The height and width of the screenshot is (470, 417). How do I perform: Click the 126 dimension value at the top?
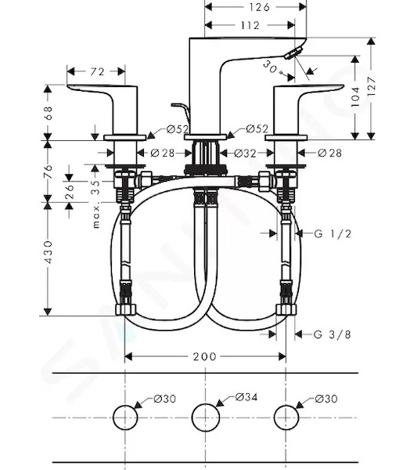[x=259, y=7]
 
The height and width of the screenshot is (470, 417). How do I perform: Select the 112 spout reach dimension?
[x=250, y=26]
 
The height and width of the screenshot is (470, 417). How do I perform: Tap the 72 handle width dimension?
[x=98, y=71]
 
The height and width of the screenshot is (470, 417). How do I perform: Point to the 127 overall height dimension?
[x=371, y=86]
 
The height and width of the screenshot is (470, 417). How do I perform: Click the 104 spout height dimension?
[x=355, y=96]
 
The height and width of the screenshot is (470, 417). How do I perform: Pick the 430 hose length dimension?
[x=48, y=251]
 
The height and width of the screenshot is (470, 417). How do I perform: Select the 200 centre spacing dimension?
[x=205, y=356]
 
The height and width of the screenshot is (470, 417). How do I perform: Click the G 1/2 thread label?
[x=333, y=233]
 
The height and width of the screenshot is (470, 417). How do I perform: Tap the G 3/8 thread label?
[x=332, y=334]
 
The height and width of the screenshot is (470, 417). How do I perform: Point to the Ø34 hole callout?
[x=246, y=397]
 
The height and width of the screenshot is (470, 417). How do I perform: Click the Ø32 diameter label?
[x=245, y=154]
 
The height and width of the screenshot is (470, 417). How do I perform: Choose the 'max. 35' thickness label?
[x=95, y=204]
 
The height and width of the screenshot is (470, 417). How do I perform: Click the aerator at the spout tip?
[x=293, y=53]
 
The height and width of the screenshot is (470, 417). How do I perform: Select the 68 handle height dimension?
[x=48, y=113]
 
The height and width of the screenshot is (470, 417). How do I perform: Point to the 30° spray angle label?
[x=271, y=68]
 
